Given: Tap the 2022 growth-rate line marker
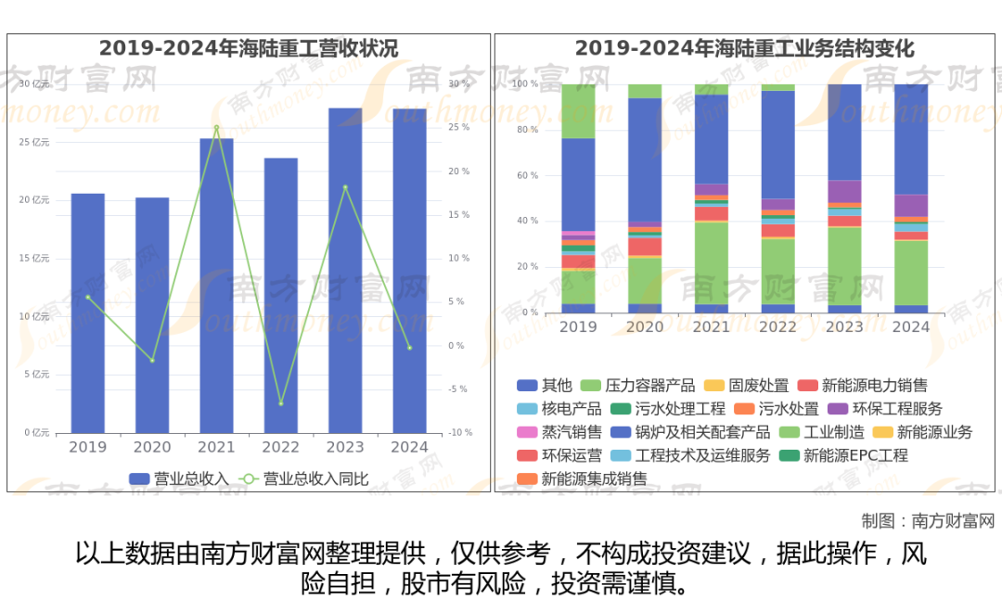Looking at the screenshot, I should click(x=280, y=403).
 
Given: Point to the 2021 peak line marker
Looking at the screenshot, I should click(x=216, y=127).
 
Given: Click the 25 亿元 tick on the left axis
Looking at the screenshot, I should click(x=36, y=142).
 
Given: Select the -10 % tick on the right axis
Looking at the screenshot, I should click(x=460, y=433).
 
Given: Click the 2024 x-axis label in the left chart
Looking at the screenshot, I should click(x=410, y=447).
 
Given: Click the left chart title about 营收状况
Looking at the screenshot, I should click(x=249, y=48).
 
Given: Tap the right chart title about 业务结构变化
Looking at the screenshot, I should click(x=744, y=48).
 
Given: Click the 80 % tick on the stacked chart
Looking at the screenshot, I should click(x=527, y=130).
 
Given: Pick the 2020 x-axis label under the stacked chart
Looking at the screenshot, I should click(x=645, y=327).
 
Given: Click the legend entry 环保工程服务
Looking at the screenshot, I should click(x=883, y=409).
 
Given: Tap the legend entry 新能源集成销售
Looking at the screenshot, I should click(x=594, y=479).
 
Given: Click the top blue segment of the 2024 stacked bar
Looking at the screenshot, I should click(x=911, y=139).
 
